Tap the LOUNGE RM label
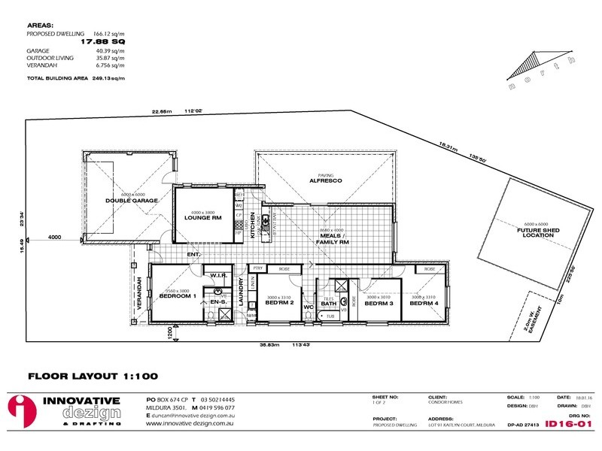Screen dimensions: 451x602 [202, 217]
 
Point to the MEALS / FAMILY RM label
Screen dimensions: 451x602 [334, 239]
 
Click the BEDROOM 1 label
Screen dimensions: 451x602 [178, 295]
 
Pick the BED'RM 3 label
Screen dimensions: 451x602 [375, 303]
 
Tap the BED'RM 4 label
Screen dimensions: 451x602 [424, 303]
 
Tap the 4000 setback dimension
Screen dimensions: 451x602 [54, 237]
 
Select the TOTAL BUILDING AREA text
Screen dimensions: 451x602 [59, 77]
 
